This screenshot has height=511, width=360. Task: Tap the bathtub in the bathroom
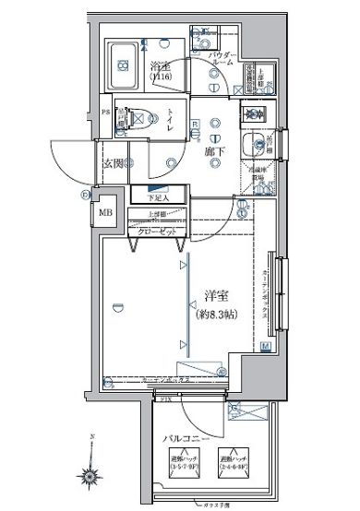point(122,62)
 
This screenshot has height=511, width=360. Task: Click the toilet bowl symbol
point(137,118)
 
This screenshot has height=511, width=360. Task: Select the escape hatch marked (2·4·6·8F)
point(232,464)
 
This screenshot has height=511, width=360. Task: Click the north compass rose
point(92,476)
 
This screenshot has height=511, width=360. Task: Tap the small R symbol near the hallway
point(195,124)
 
